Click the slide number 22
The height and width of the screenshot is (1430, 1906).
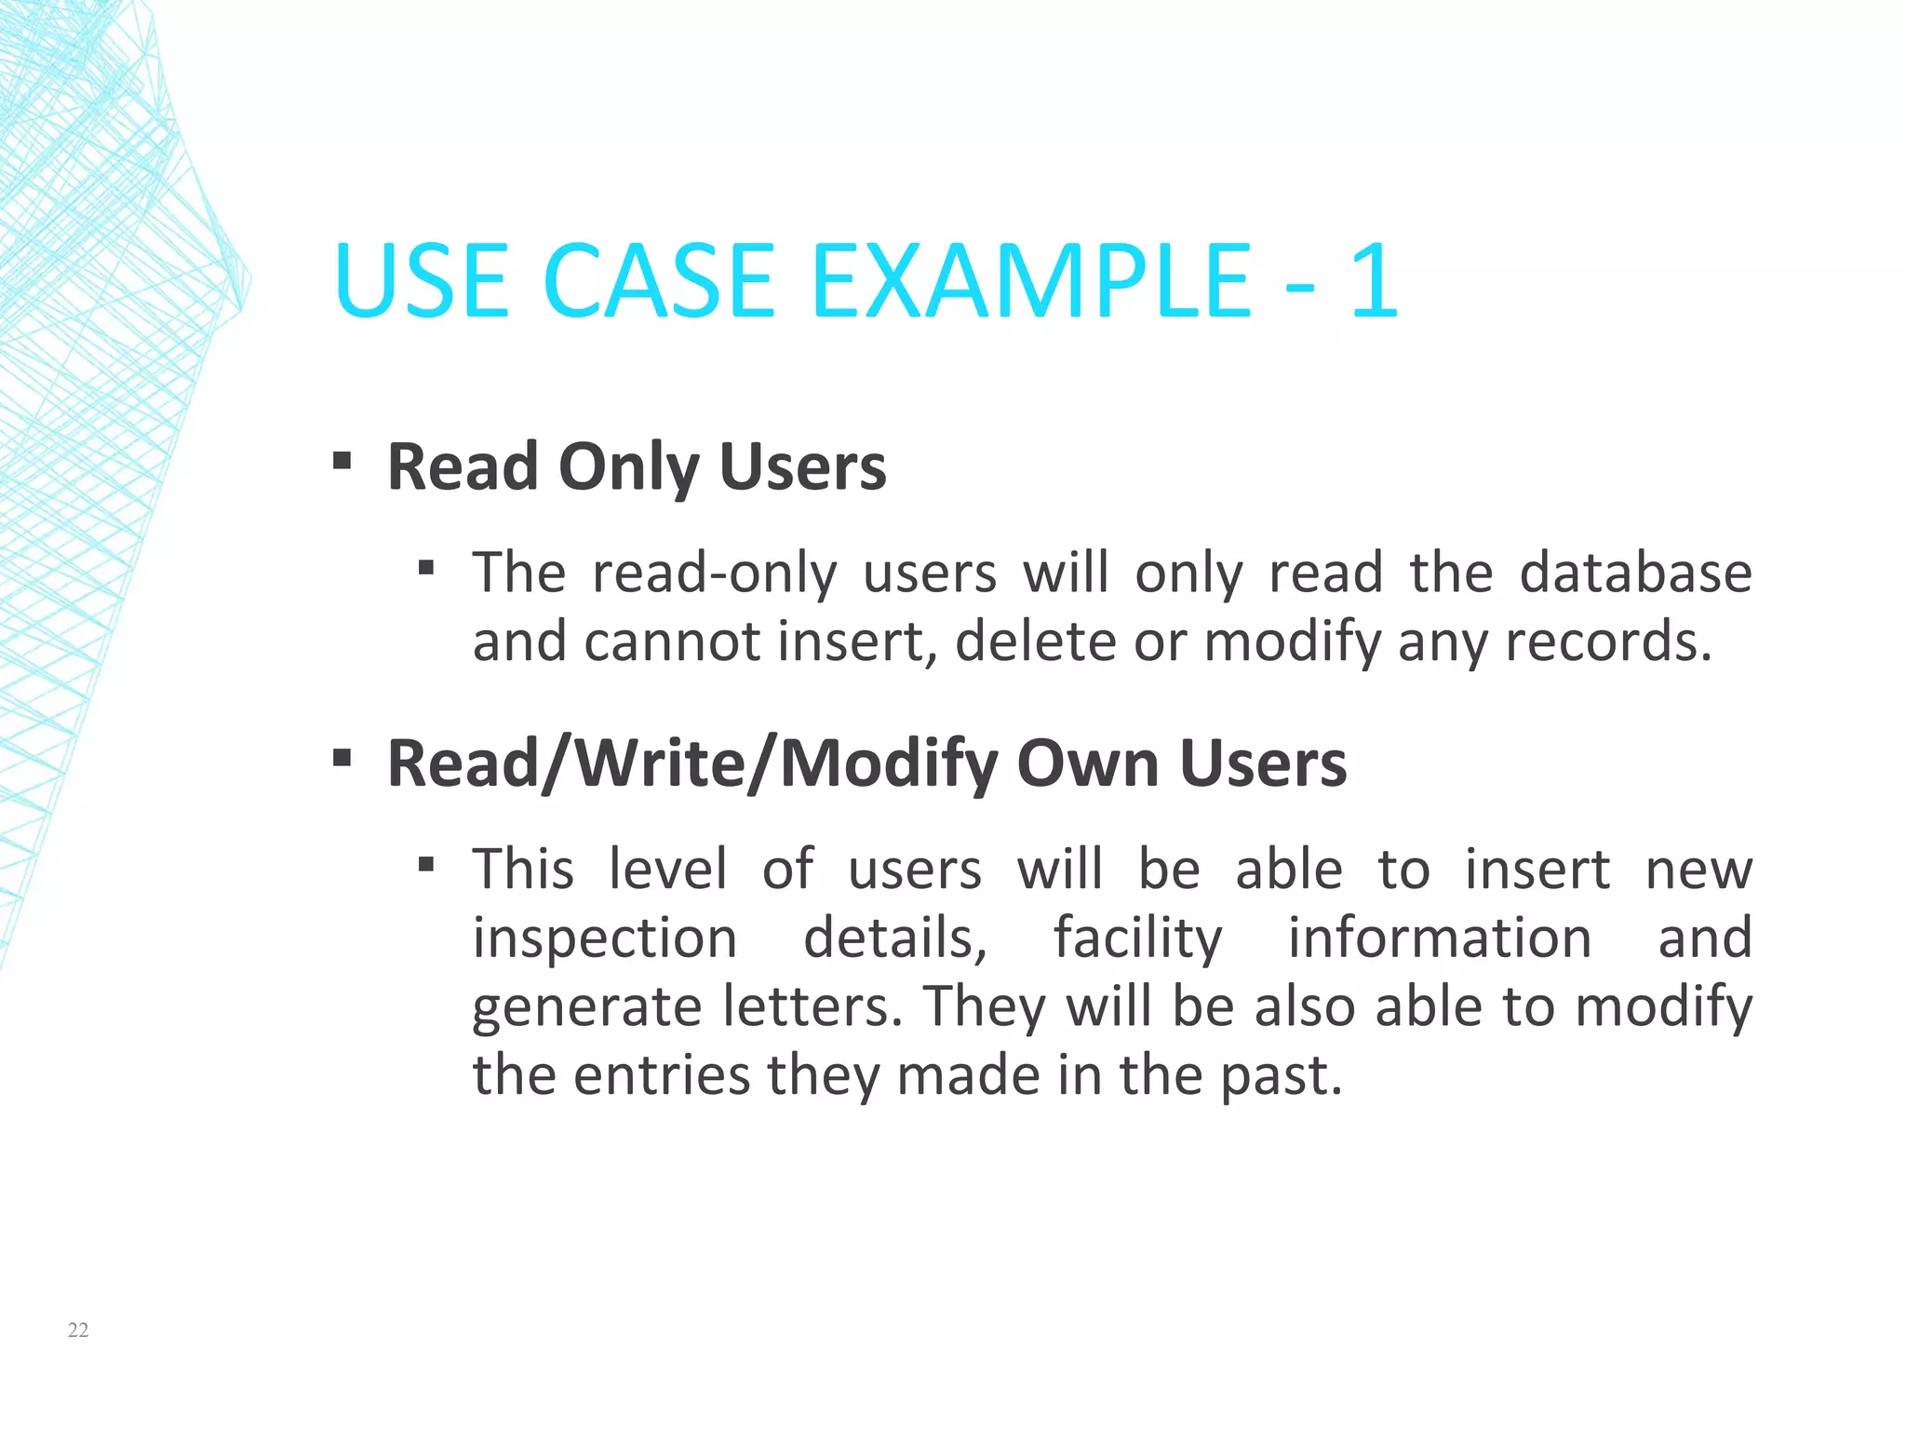[x=78, y=1329]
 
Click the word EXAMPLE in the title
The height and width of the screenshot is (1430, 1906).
[x=1031, y=280]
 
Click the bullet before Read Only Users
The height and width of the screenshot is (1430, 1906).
[x=342, y=460]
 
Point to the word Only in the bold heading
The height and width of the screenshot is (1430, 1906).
[x=628, y=467]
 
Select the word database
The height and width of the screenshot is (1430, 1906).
[x=1635, y=573]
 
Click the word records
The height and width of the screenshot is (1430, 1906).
[x=1608, y=641]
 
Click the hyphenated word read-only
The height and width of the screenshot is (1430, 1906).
[x=715, y=573]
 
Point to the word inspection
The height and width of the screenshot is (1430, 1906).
[x=605, y=938]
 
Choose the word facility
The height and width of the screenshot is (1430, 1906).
[x=1137, y=938]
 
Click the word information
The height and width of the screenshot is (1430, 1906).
[x=1440, y=938]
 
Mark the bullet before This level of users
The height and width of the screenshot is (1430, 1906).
[x=426, y=865]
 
